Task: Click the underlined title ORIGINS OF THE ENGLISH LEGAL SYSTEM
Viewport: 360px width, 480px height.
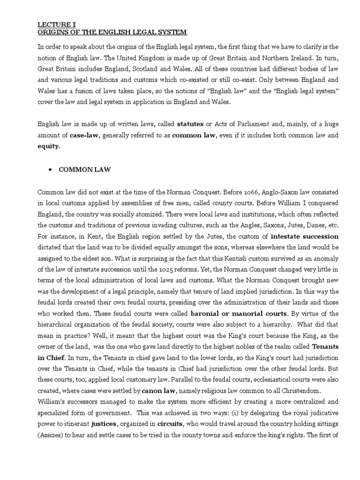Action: pos(112,32)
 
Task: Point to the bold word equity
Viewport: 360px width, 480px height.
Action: pos(49,146)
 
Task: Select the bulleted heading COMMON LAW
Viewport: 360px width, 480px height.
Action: pos(85,170)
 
